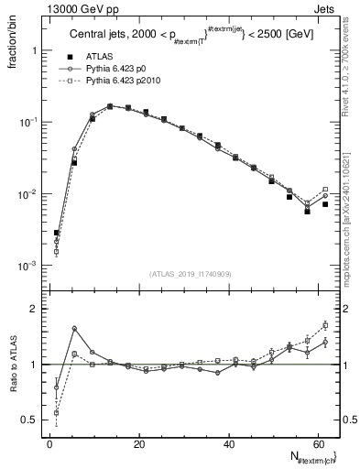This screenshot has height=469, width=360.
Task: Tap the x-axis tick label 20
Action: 138,444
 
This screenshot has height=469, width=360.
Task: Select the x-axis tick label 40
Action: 228,444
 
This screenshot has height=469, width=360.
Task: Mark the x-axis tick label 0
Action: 49,444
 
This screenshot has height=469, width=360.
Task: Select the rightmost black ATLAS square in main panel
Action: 325,204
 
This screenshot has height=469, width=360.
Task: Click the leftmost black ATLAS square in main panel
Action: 57,234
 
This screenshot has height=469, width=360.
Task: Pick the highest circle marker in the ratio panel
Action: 74,328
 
